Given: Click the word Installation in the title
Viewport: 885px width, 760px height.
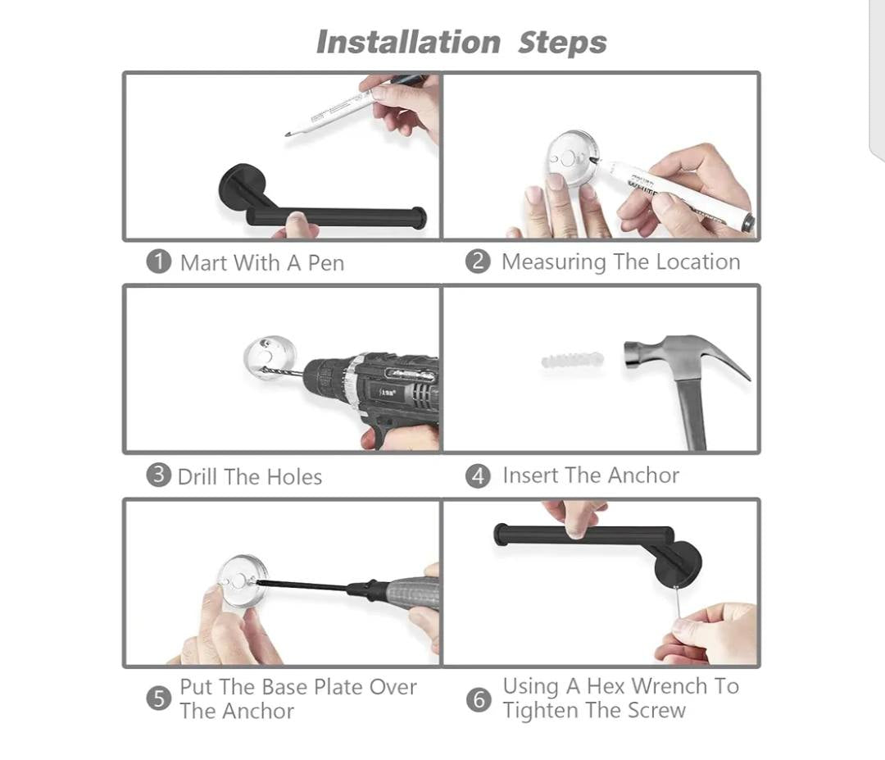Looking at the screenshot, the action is [x=408, y=43].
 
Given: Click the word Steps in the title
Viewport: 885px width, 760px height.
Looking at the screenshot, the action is [x=562, y=43].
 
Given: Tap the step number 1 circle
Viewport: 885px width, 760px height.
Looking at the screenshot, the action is [x=159, y=262].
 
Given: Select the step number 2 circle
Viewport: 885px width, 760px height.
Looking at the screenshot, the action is [x=478, y=262].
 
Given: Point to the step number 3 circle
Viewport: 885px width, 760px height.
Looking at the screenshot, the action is [x=159, y=476].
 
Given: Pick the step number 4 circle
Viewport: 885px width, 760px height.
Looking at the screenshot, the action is [x=478, y=476].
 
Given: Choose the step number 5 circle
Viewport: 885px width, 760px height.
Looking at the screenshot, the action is [x=159, y=699].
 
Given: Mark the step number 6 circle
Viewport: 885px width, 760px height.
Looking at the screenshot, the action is [x=478, y=699].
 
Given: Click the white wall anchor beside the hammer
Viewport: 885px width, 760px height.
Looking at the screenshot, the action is [x=572, y=359].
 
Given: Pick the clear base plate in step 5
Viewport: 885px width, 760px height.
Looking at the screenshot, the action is [x=242, y=581].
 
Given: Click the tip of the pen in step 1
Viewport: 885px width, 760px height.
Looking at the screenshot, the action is [x=288, y=135].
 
